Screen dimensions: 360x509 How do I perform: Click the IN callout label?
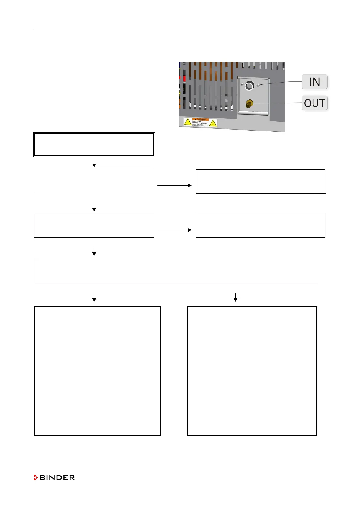pos(314,82)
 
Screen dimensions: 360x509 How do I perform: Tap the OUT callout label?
pos(314,103)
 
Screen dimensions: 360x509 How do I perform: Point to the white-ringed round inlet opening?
pos(249,86)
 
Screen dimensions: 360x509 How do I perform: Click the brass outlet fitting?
pos(249,104)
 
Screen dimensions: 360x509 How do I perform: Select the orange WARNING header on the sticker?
pos(200,119)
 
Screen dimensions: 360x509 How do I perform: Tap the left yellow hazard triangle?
pos(188,122)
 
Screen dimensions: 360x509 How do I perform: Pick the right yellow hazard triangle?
pos(213,123)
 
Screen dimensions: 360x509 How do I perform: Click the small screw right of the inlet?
pos(258,86)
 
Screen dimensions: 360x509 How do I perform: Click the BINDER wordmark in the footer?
pos(57,478)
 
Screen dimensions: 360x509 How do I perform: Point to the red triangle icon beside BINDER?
pos(36,478)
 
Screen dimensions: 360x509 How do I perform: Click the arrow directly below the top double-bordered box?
pos(94,162)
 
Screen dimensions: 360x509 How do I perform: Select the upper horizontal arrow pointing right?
pos(174,185)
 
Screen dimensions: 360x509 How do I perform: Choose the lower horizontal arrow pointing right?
pos(174,230)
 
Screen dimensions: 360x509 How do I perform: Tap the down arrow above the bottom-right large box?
pos(235,297)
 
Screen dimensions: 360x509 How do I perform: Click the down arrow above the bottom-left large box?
pos(94,297)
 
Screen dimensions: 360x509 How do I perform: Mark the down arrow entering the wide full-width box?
pos(94,251)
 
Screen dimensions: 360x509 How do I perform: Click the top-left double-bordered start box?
pos(94,144)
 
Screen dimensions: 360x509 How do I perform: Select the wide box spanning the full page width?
pos(175,271)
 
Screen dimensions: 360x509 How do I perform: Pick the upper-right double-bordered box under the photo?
pos(261,181)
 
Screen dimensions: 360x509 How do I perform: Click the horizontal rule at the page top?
pos(180,29)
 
